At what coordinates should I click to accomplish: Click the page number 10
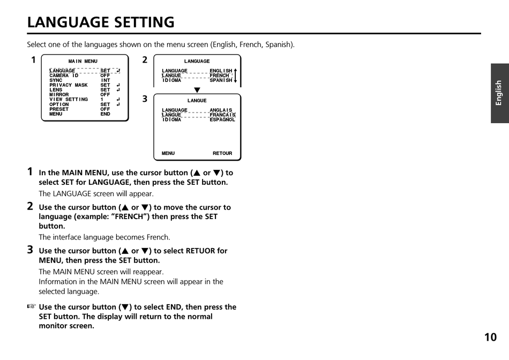pyautogui.click(x=490, y=337)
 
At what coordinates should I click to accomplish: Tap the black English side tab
pyautogui.click(x=499, y=93)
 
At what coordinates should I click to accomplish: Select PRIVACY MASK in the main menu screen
pyautogui.click(x=69, y=85)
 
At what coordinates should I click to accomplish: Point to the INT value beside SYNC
pyautogui.click(x=106, y=80)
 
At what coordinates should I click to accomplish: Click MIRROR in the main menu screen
pyautogui.click(x=59, y=95)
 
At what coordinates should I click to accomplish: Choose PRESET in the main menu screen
pyautogui.click(x=59, y=109)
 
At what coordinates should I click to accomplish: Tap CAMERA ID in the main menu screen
pyautogui.click(x=64, y=76)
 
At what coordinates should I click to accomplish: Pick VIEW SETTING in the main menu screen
pyautogui.click(x=69, y=100)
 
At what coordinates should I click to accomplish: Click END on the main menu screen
pyautogui.click(x=105, y=114)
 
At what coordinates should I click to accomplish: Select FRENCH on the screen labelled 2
pyautogui.click(x=219, y=76)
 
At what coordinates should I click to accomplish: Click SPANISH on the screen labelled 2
pyautogui.click(x=221, y=80)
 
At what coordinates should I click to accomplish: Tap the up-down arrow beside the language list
pyautogui.click(x=235, y=76)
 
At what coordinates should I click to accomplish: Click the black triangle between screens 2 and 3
pyautogui.click(x=197, y=90)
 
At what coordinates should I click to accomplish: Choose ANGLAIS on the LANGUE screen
pyautogui.click(x=221, y=110)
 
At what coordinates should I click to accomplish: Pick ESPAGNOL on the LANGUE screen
pyautogui.click(x=222, y=120)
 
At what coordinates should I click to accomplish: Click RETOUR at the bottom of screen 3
pyautogui.click(x=222, y=154)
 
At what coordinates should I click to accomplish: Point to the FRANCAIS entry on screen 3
pyautogui.click(x=222, y=115)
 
